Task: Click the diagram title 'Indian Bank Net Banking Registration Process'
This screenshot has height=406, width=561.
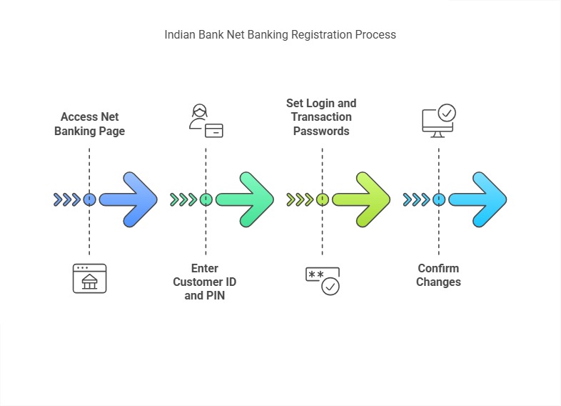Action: click(280, 34)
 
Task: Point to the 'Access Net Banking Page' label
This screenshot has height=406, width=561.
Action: click(89, 124)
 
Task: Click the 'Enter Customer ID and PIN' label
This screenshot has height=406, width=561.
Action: click(205, 282)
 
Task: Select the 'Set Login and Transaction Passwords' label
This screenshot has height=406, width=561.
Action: click(321, 117)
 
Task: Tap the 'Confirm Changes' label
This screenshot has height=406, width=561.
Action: click(438, 275)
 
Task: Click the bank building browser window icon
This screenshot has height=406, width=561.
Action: click(89, 278)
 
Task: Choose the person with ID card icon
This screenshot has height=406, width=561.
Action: click(206, 121)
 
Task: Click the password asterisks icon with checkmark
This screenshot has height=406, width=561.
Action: click(323, 281)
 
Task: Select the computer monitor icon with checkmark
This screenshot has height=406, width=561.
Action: click(438, 121)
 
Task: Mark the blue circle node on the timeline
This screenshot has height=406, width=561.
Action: click(89, 199)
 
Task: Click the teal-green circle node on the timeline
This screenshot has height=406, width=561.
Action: click(206, 199)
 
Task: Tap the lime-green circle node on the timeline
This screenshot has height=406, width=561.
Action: click(322, 199)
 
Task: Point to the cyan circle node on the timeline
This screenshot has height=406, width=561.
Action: click(438, 199)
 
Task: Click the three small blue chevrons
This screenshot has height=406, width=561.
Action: click(67, 199)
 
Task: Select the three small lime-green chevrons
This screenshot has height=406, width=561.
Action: click(300, 199)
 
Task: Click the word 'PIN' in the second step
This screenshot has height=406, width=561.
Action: click(214, 295)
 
